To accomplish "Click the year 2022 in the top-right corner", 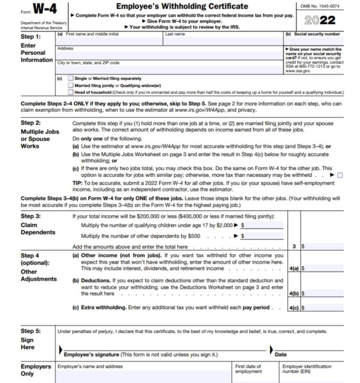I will coord(320,20).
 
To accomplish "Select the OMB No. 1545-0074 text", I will coord(320,6).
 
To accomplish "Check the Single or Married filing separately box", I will coord(70,78).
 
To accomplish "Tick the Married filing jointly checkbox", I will coord(70,85).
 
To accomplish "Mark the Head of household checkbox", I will coord(70,92).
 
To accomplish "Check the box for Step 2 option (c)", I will coord(340,175).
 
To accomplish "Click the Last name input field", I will coord(223,40).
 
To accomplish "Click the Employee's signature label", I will coord(141,354).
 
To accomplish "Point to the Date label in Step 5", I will coord(281,354).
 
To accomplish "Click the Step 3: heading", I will coord(31,216).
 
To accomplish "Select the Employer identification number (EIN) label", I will coord(307,369).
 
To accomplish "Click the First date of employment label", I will coord(248,369).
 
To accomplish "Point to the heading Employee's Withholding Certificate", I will coord(182,6).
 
